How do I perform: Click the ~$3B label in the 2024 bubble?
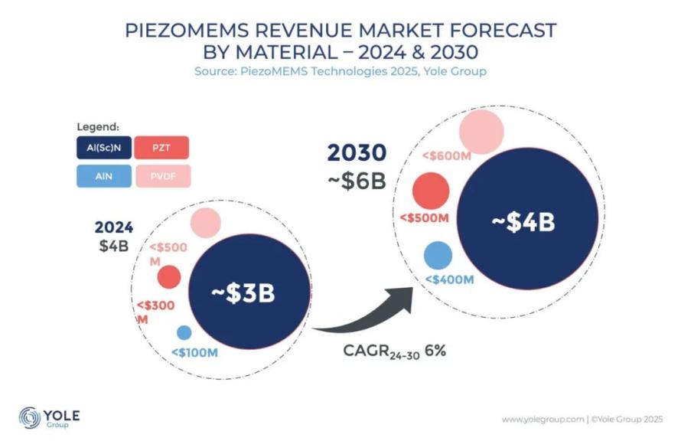(243, 293)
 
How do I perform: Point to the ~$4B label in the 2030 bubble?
(522, 222)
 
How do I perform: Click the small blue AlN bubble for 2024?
(184, 333)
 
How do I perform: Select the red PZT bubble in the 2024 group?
(168, 276)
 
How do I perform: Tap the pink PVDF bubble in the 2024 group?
(204, 223)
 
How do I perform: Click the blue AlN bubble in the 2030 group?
(438, 255)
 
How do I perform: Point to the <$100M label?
(194, 352)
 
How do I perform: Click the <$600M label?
(446, 155)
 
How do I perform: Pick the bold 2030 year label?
(357, 153)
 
